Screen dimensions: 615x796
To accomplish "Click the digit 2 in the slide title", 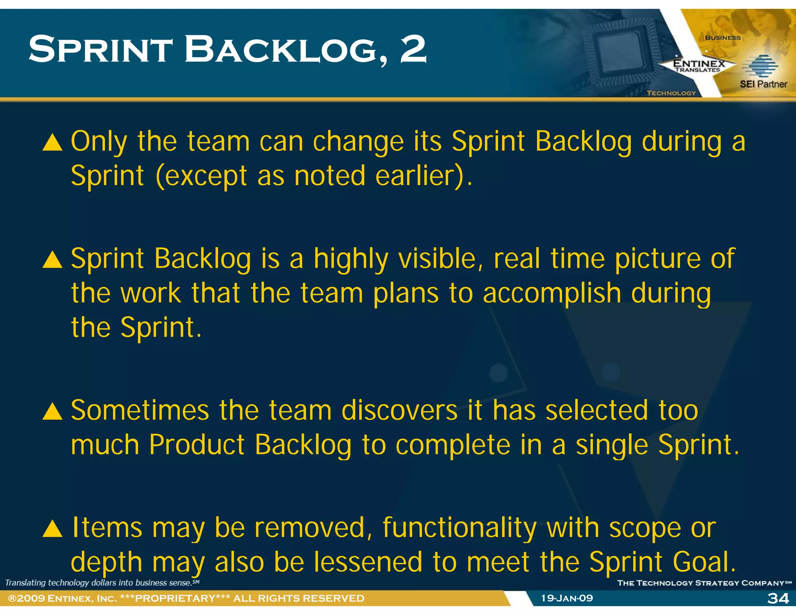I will click(413, 49).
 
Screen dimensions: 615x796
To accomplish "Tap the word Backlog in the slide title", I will click(286, 49).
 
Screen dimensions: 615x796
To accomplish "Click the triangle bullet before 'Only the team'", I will click(52, 142).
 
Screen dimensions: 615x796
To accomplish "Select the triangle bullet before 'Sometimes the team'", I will click(52, 412).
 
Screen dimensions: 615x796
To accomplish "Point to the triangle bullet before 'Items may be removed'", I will click(52, 529).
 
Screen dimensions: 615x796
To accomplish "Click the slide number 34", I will click(778, 598).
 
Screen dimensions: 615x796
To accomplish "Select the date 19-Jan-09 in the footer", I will click(567, 598).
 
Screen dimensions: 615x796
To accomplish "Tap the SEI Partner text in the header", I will click(763, 84).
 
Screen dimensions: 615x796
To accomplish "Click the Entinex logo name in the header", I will click(699, 63).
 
